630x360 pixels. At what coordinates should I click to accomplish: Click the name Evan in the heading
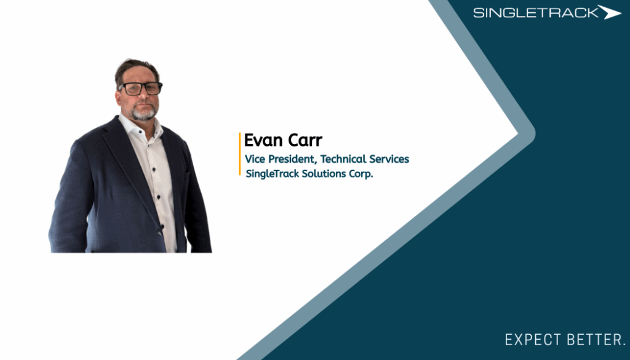[262, 140]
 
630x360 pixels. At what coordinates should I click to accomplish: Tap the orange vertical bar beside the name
[239, 154]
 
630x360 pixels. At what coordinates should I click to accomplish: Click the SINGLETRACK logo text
[536, 13]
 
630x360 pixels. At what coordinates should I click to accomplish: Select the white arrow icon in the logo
[610, 12]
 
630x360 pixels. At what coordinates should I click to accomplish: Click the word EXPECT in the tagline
[532, 340]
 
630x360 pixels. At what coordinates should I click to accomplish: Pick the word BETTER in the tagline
[596, 340]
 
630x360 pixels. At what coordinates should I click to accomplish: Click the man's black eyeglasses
[141, 89]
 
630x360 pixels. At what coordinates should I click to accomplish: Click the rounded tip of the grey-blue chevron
[533, 134]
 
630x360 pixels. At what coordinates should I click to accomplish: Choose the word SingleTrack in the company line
[273, 174]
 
